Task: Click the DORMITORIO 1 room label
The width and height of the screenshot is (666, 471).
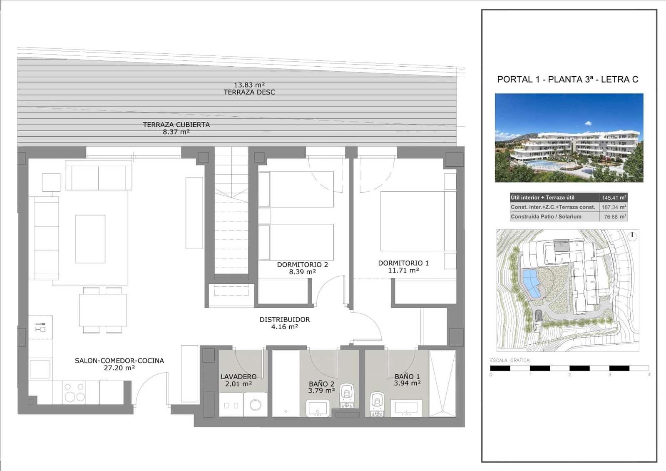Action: point(403,263)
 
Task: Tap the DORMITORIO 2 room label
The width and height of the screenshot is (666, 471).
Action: point(302,264)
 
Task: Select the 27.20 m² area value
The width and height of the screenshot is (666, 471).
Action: point(119,368)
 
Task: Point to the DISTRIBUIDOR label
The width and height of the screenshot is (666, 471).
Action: point(285,319)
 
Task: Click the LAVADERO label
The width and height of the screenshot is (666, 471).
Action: point(239,376)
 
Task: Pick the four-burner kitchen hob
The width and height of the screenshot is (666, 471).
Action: point(74,392)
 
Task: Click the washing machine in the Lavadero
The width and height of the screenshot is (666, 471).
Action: point(255,404)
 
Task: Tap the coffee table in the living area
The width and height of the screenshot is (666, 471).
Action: point(90,239)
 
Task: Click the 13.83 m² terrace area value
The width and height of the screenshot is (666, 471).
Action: point(249,85)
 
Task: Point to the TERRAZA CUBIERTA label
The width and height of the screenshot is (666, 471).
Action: point(176,125)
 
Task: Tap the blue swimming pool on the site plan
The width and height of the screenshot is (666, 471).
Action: point(531,282)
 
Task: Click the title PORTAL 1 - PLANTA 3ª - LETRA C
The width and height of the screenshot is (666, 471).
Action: point(567,79)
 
